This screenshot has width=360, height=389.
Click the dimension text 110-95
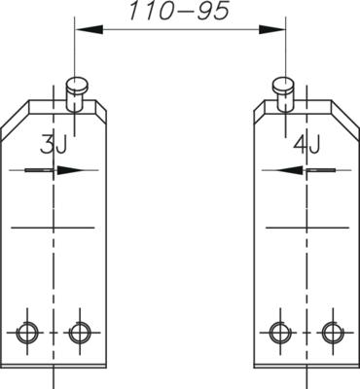pos(179,11)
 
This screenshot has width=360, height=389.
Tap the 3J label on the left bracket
pos(54,145)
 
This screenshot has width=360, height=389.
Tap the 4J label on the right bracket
pos(306,145)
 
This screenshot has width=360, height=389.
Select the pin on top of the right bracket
pos(284,94)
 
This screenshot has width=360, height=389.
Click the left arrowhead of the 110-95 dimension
pos(90,30)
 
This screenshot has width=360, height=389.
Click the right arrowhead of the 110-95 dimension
pos(271,30)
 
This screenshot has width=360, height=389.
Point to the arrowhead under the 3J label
pos(68,170)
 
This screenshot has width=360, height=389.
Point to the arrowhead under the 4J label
pos(291,170)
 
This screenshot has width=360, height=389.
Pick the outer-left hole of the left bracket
pos(27,333)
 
